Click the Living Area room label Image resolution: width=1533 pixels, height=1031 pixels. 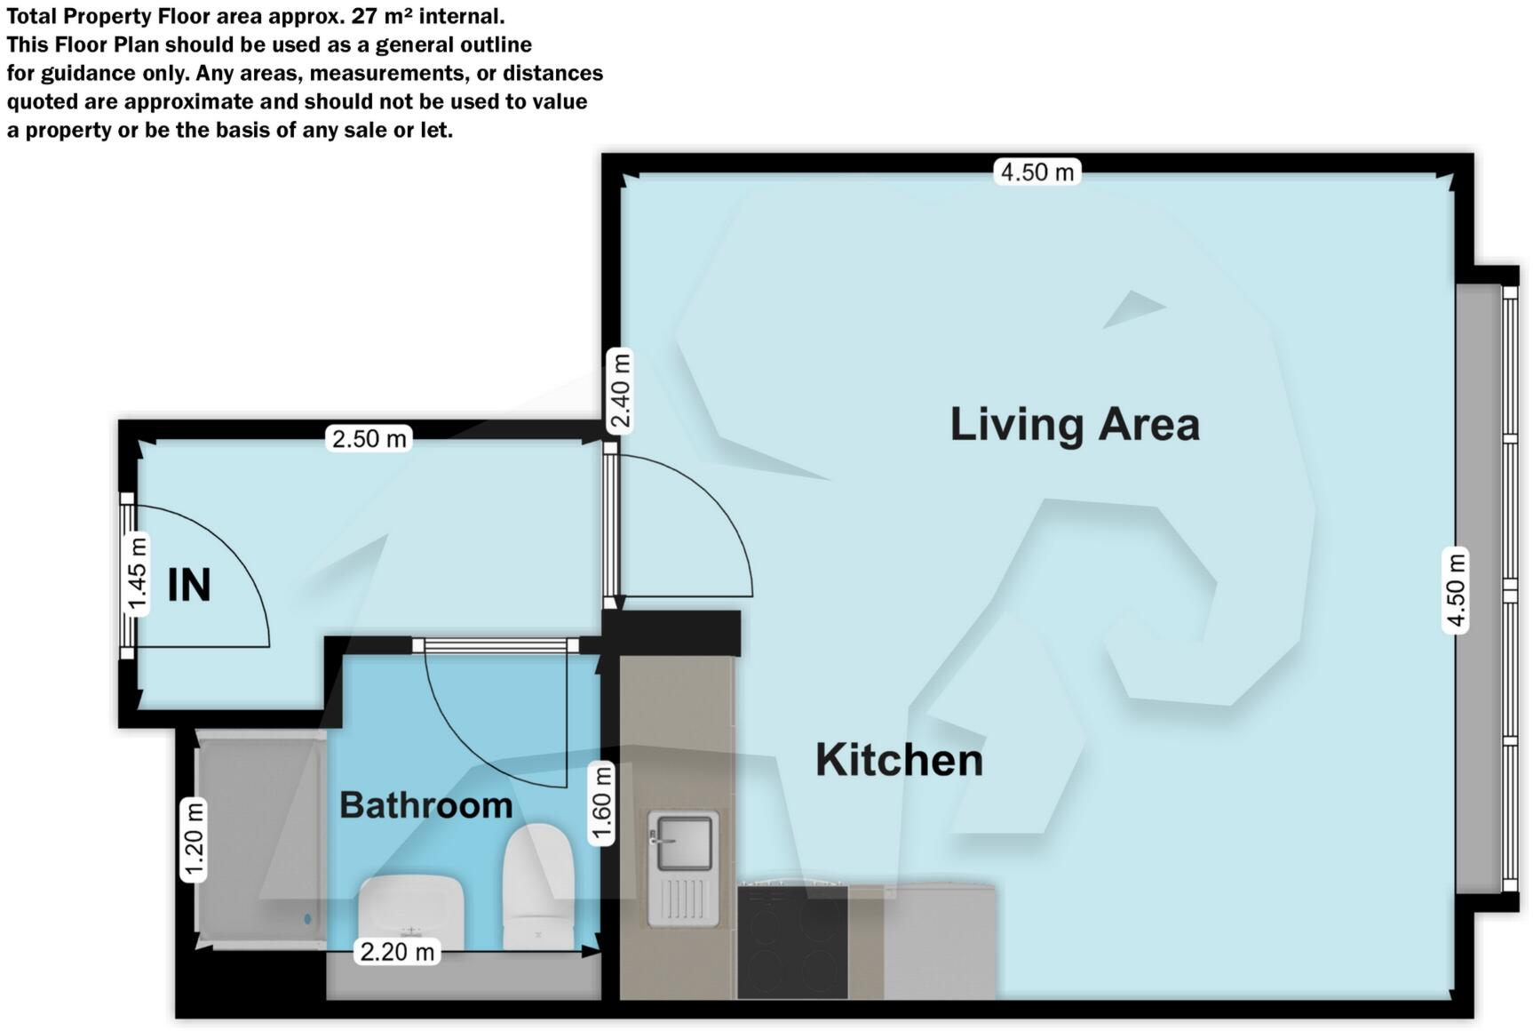[x=1075, y=424]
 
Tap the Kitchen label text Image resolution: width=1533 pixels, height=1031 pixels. [x=899, y=761]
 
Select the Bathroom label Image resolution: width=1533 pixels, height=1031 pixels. [x=425, y=805]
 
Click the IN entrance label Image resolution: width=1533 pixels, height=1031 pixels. [x=189, y=586]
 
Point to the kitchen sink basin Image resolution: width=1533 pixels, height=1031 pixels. [x=683, y=842]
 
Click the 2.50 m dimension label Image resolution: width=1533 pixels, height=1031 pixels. [x=369, y=438]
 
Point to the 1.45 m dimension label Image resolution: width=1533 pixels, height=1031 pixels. [x=137, y=574]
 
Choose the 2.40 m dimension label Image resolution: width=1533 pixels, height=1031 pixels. [x=621, y=391]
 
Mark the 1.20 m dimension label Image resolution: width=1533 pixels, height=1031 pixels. [x=194, y=840]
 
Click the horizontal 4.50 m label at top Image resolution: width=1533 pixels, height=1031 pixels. [x=1037, y=172]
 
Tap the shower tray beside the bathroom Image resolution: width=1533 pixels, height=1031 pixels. [x=258, y=840]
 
